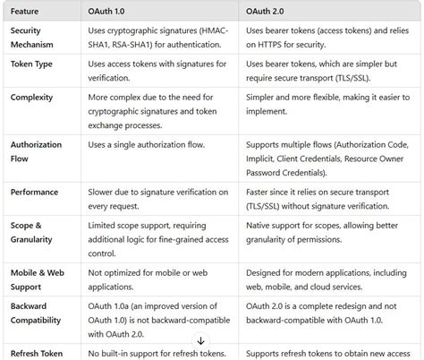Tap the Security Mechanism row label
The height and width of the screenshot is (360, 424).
33,37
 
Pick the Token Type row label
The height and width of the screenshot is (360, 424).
34,64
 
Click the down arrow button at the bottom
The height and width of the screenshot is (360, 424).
200,341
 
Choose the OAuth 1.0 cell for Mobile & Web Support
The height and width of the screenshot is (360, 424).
148,278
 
